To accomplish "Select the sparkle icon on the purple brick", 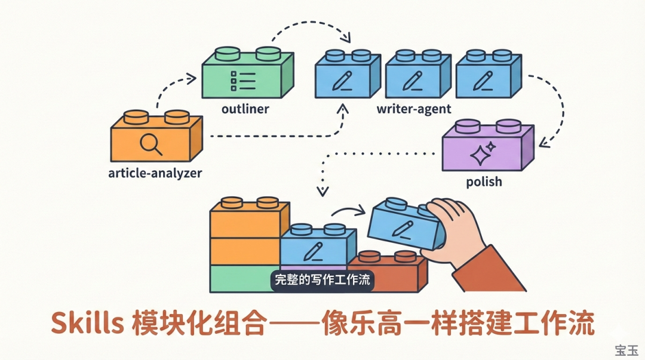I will click(481, 153).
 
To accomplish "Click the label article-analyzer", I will click(155, 174).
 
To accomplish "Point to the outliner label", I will click(245, 109).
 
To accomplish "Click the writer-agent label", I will click(414, 109).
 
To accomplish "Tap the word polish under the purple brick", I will click(483, 181).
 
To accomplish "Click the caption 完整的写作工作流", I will click(322, 279).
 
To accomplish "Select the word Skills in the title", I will click(87, 324).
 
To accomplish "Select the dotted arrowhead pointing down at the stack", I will click(322, 191).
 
